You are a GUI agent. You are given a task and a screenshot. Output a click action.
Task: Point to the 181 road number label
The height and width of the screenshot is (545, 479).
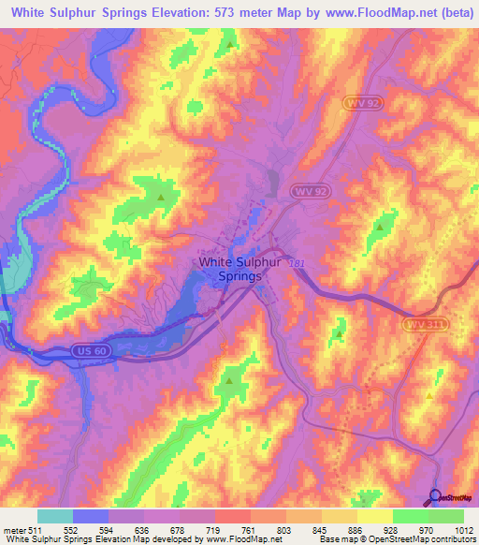click(x=296, y=265)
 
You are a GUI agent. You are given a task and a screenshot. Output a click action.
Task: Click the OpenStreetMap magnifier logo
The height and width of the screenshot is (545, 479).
click(x=434, y=498)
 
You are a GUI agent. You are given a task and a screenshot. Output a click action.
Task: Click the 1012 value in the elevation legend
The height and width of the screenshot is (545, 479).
click(x=464, y=529)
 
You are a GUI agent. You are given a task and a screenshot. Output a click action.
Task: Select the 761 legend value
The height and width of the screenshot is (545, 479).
click(x=233, y=529)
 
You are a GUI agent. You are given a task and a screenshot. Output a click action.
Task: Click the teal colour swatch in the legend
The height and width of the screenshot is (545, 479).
click(x=55, y=516)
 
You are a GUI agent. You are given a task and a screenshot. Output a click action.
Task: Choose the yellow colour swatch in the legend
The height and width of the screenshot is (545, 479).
click(x=375, y=516)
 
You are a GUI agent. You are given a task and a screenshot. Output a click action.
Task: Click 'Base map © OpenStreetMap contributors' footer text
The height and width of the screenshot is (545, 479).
click(x=395, y=539)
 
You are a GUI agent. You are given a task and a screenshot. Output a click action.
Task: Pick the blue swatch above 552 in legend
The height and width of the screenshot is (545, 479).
click(x=91, y=516)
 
